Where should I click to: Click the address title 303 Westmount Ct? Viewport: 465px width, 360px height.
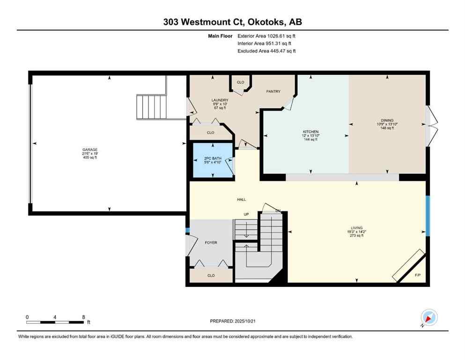coord(232,22)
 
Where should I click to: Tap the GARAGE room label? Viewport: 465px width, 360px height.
coord(90,150)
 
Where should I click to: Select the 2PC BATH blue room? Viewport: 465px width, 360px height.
coord(214,160)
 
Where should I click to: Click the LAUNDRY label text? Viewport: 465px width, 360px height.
coord(220,100)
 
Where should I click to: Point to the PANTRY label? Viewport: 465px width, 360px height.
coord(273,91)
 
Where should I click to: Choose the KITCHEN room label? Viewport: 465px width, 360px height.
coord(310,132)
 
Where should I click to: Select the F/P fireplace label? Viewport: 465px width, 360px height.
coord(418,274)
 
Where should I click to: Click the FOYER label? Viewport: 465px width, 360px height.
coord(211,243)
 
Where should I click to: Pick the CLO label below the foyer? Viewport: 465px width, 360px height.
coord(211,276)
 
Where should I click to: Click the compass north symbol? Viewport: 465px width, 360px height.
coord(429,317)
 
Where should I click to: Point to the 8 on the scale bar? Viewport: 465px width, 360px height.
coord(83,317)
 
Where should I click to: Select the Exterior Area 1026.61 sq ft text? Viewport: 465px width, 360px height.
coord(266,36)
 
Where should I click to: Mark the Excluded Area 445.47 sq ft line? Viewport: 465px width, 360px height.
coord(266,51)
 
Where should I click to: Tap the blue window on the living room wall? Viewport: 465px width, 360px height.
coord(427,215)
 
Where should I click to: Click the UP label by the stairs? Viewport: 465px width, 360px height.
coord(246,214)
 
